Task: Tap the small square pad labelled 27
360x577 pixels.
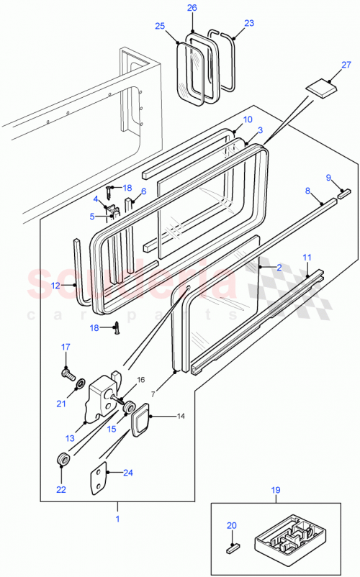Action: (321, 88)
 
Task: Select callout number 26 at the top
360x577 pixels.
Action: (192, 8)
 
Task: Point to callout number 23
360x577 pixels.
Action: (249, 22)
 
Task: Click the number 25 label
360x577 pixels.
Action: (159, 26)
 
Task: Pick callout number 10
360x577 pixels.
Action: (247, 119)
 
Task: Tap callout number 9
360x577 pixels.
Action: (329, 178)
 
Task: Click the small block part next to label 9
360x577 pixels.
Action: (343, 194)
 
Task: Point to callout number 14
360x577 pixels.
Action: (180, 416)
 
